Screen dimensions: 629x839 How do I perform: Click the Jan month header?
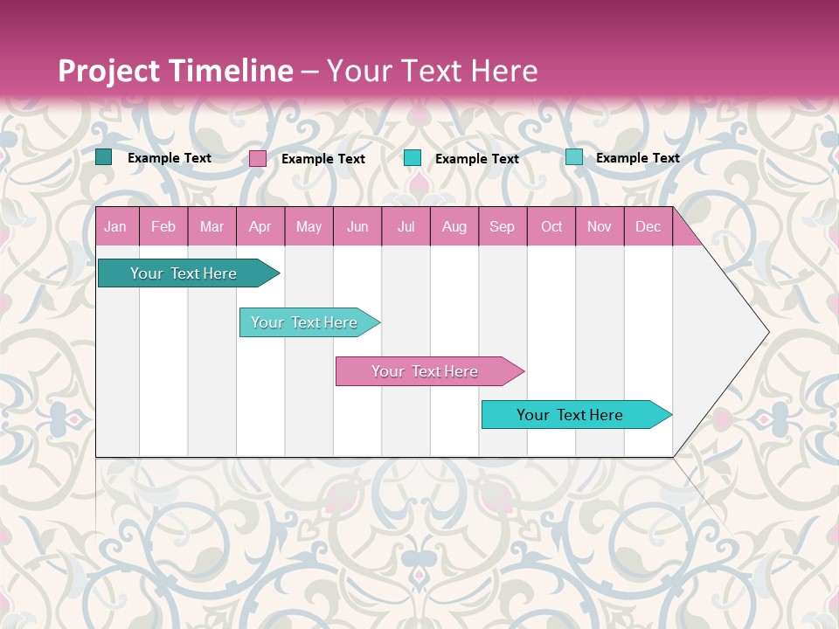(115, 227)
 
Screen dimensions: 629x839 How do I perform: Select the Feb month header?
(163, 227)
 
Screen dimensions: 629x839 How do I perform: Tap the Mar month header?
(211, 227)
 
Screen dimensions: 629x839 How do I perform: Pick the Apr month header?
(260, 227)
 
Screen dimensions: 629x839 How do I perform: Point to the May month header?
(309, 227)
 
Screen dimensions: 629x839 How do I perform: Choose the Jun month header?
(357, 227)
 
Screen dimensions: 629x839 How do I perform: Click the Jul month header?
(406, 227)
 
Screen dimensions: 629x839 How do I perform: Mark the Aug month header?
(454, 227)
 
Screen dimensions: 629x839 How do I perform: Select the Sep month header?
(502, 227)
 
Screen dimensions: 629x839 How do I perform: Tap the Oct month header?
(551, 227)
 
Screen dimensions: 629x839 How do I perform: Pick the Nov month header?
(600, 227)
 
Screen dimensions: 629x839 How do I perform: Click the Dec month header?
(648, 227)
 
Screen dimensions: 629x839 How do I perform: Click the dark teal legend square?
(104, 157)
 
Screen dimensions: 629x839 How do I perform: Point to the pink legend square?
(258, 158)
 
